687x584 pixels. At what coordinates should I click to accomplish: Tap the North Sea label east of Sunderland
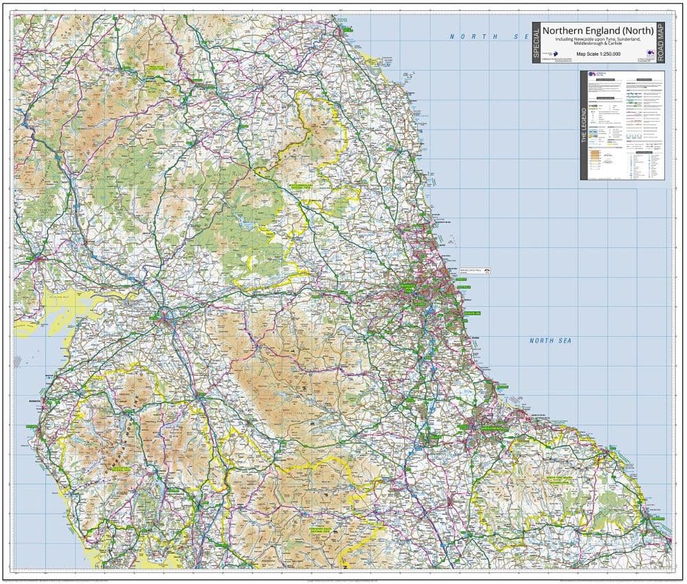[x=550, y=340]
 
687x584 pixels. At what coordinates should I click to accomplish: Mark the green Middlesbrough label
[x=488, y=429]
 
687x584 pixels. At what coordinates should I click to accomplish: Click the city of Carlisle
[x=165, y=317]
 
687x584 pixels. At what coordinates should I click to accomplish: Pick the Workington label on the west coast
[x=32, y=398]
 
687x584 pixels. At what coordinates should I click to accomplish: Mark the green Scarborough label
[x=656, y=516]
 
